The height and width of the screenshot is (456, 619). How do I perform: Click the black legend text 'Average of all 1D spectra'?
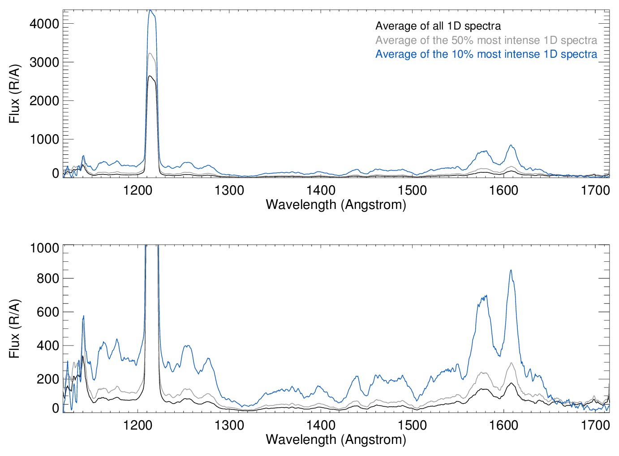(438, 26)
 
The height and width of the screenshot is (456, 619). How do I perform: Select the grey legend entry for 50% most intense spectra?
(486, 40)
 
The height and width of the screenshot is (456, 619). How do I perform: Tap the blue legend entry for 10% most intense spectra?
(486, 54)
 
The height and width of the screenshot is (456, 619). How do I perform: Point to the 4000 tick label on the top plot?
(44, 24)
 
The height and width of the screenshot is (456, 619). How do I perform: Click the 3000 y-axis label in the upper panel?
(44, 62)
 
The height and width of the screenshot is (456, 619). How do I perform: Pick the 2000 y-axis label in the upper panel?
(44, 101)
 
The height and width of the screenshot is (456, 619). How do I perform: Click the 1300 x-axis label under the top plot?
(229, 190)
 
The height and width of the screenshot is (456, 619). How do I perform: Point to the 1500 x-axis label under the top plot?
(412, 190)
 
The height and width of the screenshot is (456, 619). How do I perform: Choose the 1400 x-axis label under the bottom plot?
(321, 425)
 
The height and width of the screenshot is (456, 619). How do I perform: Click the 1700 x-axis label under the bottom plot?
(595, 425)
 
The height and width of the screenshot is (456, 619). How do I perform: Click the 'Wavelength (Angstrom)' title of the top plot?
(336, 205)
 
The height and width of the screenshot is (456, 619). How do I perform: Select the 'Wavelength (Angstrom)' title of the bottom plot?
(336, 439)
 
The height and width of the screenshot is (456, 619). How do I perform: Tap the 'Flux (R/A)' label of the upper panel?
(14, 94)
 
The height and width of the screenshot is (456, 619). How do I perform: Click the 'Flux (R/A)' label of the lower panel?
(14, 329)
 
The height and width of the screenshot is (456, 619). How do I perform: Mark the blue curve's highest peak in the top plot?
(150, 10)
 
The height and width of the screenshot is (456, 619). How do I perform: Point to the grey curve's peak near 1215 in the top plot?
(150, 53)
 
